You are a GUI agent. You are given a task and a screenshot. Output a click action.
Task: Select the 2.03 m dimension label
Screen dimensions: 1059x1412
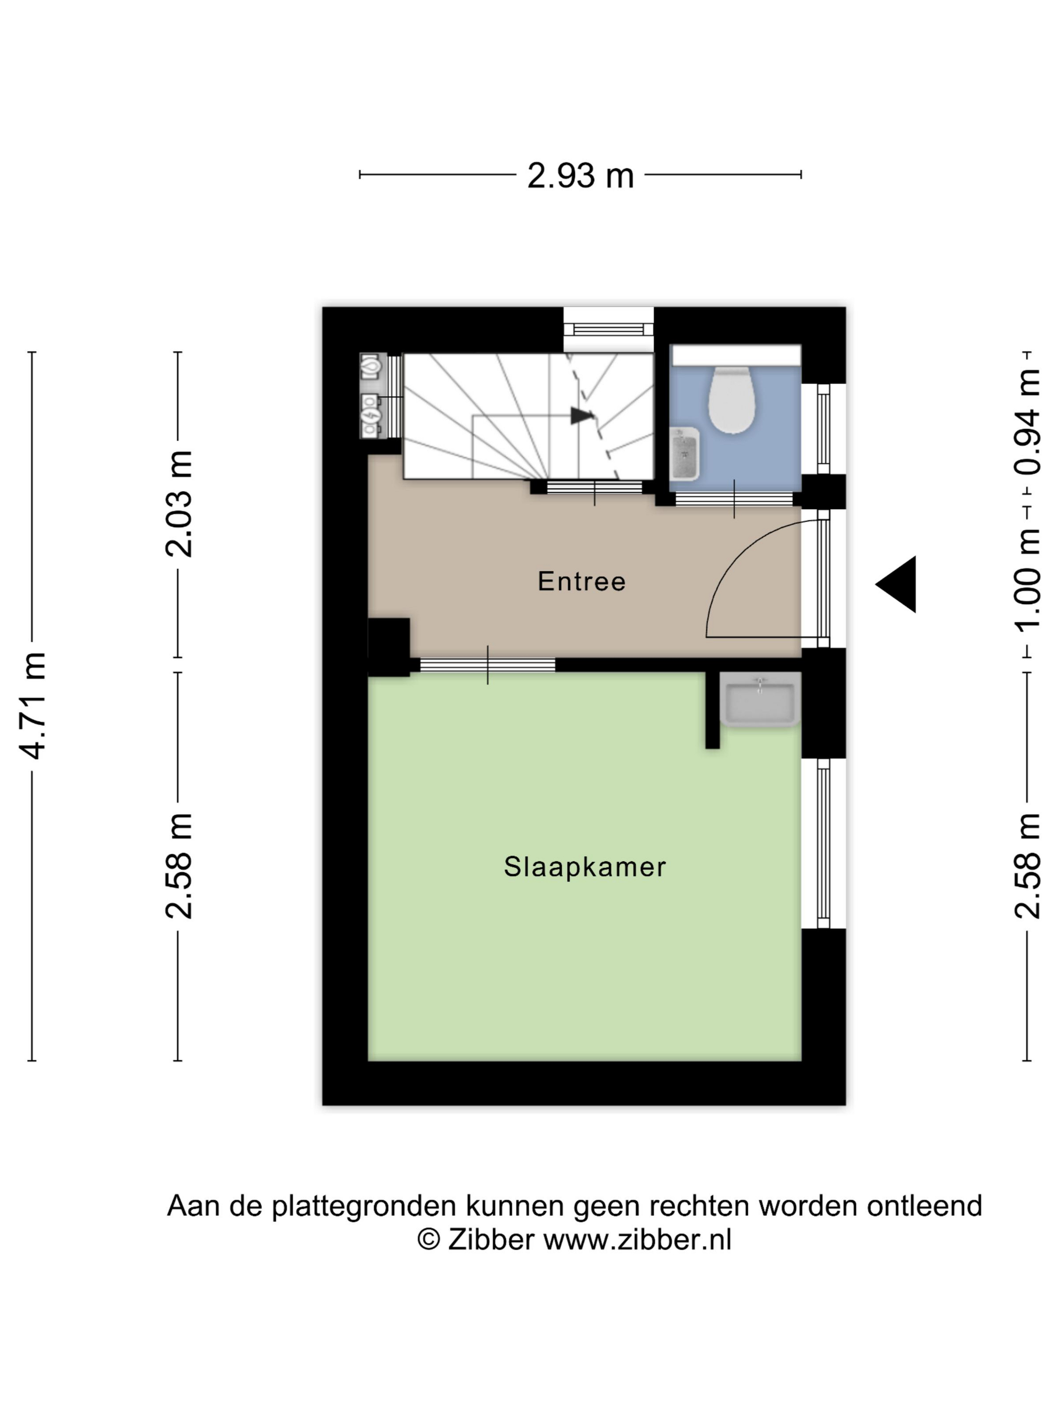pos(179,504)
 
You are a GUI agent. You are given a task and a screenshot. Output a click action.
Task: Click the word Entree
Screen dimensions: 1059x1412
pos(581,581)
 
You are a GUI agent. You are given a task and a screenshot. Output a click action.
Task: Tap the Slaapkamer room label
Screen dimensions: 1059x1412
pos(584,867)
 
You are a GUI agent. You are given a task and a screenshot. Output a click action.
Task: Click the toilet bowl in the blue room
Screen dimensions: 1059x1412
pos(732,400)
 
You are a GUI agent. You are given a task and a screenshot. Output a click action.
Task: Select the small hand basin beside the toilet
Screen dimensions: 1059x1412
pos(684,454)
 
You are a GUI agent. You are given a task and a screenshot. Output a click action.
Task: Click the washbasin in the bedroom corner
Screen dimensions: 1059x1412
pos(759,699)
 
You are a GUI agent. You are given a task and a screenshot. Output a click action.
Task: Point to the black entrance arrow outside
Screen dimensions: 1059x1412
pos(896,584)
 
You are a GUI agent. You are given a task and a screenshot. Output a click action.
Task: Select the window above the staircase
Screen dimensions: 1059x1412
pos(608,329)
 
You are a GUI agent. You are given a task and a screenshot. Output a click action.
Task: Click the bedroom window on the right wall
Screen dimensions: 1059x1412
pos(823,843)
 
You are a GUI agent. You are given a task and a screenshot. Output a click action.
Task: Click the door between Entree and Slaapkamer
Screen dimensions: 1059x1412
pos(488,665)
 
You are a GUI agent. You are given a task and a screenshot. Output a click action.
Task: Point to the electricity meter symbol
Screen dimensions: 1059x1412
pos(371,416)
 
